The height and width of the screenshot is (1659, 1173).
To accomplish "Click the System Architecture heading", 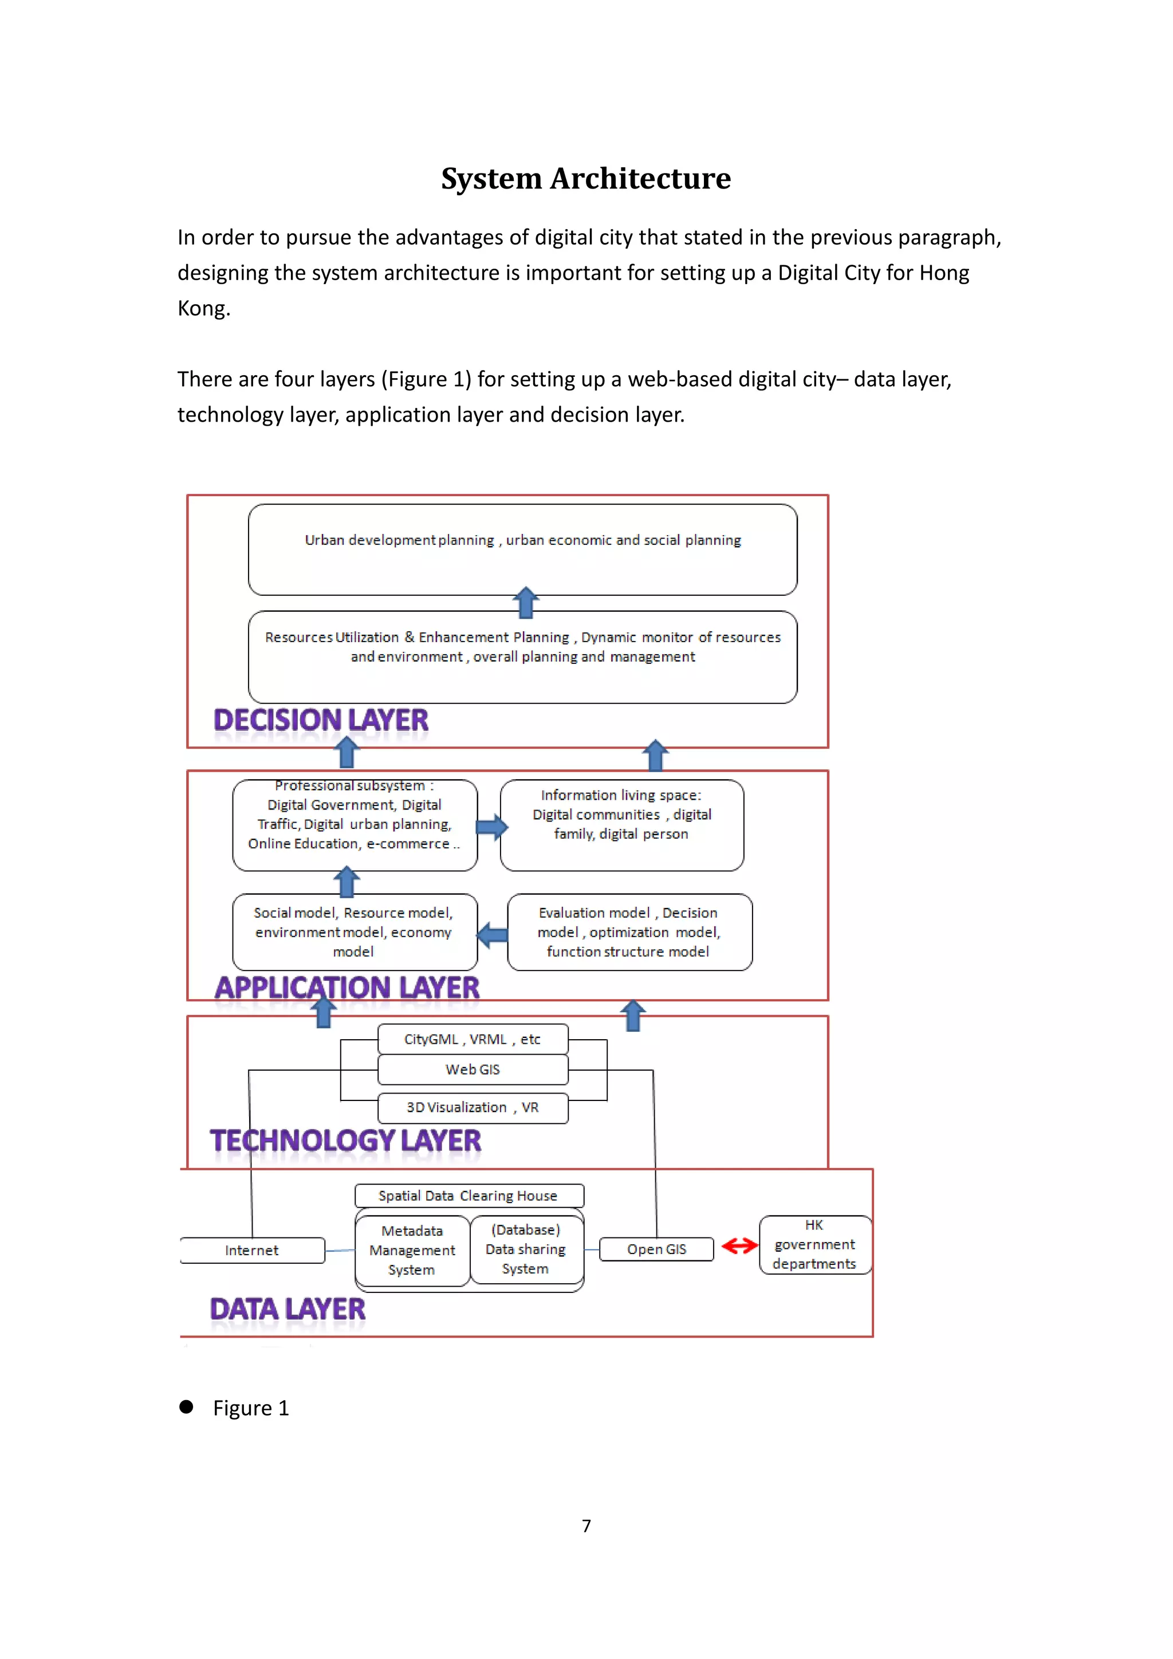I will click(x=586, y=179).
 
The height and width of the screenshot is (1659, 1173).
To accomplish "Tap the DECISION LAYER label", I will click(x=321, y=721).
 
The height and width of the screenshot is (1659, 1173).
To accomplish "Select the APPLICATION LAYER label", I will click(x=347, y=988).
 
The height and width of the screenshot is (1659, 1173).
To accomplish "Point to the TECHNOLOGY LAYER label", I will click(x=345, y=1141).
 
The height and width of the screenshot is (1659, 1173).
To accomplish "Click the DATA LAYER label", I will click(x=288, y=1310).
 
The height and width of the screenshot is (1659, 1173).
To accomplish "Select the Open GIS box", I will click(x=656, y=1249).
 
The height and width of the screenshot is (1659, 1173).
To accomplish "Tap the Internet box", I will click(x=251, y=1251).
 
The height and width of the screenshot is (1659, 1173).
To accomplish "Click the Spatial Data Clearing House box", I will click(x=468, y=1196).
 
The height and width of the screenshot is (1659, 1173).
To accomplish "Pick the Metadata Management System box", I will click(x=412, y=1250).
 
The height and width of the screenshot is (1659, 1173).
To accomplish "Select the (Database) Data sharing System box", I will click(x=525, y=1249).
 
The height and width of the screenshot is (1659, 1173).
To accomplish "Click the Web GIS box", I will click(x=473, y=1070).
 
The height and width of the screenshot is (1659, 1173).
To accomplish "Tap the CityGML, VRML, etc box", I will click(x=473, y=1039).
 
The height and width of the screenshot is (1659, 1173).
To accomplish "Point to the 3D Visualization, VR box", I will click(x=473, y=1108).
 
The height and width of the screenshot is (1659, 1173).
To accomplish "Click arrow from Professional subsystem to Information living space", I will click(x=491, y=827).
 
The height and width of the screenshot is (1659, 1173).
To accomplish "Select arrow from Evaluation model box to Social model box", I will click(x=493, y=935).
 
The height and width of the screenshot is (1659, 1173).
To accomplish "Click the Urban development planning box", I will click(x=522, y=549).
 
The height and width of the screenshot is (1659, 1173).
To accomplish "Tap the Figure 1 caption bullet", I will click(x=186, y=1407).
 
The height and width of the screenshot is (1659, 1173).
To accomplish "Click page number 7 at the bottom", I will click(x=586, y=1526).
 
